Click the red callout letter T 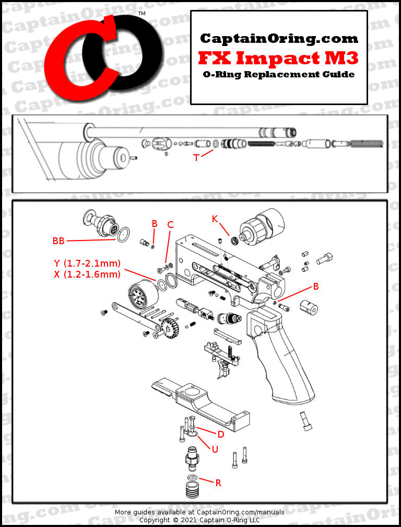[196, 157]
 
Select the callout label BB [58, 240]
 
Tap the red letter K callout [215, 219]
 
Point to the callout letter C [170, 225]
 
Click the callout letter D [221, 434]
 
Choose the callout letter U [215, 449]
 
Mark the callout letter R [218, 483]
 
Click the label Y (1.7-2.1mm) [87, 263]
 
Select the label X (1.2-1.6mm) [87, 274]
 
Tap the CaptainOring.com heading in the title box [279, 38]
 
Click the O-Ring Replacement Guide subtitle [279, 74]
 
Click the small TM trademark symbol [141, 13]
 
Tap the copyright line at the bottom [200, 521]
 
